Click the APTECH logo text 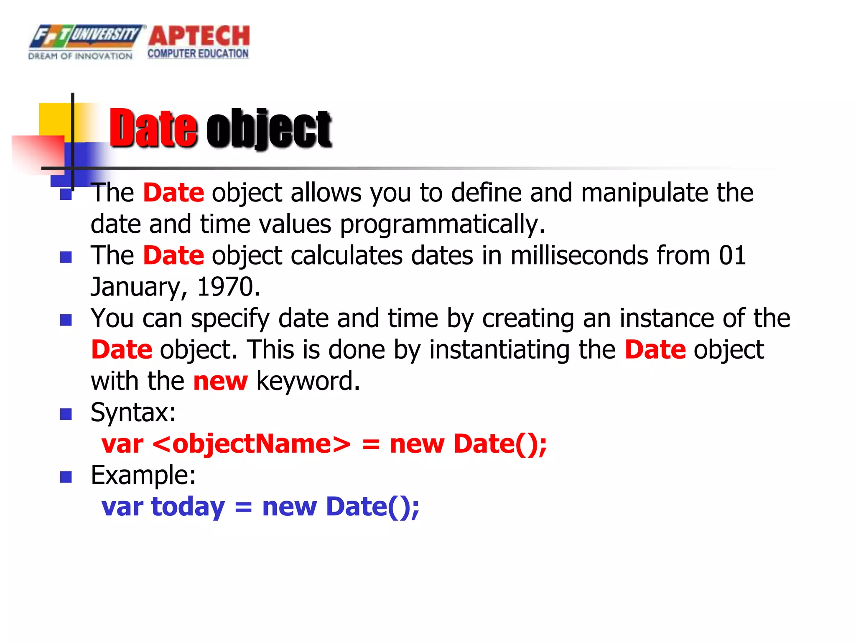(x=199, y=36)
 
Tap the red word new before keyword (x=220, y=381)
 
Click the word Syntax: (x=133, y=413)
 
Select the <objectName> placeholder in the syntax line (x=252, y=444)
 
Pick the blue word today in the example (x=188, y=507)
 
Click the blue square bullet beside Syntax (x=66, y=414)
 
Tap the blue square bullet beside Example (x=66, y=477)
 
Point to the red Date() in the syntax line (x=500, y=444)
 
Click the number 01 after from (x=732, y=255)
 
